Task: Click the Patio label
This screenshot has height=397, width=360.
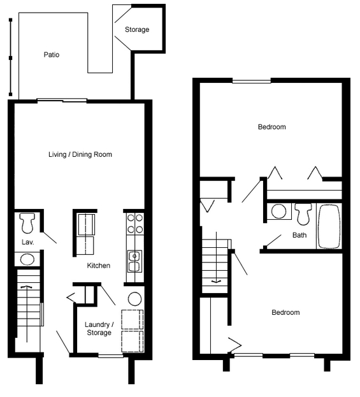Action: pyautogui.click(x=52, y=55)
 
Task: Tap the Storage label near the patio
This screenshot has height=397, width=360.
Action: pyautogui.click(x=137, y=29)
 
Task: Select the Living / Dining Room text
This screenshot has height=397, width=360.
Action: pyautogui.click(x=80, y=155)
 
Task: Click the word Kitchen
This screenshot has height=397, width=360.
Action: pyautogui.click(x=99, y=266)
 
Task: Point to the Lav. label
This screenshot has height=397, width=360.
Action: pyautogui.click(x=27, y=243)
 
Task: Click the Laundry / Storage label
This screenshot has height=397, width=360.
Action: pyautogui.click(x=99, y=328)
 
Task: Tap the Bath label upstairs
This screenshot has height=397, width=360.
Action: pyautogui.click(x=299, y=235)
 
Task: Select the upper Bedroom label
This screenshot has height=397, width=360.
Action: pyautogui.click(x=271, y=127)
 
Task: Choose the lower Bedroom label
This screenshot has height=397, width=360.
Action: pyautogui.click(x=285, y=312)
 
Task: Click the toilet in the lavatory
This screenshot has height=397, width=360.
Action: pyautogui.click(x=27, y=223)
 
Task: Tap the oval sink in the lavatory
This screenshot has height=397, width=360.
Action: pyautogui.click(x=27, y=259)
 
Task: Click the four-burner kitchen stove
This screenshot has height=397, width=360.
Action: pyautogui.click(x=134, y=223)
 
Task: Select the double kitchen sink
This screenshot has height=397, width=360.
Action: pyautogui.click(x=134, y=261)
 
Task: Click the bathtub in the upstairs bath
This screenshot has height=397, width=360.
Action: pyautogui.click(x=329, y=226)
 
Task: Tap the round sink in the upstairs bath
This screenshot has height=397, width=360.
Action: pyautogui.click(x=278, y=211)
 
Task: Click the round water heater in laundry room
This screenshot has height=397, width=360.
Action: pyautogui.click(x=134, y=299)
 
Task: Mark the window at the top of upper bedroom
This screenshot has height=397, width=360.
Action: pyautogui.click(x=251, y=81)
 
